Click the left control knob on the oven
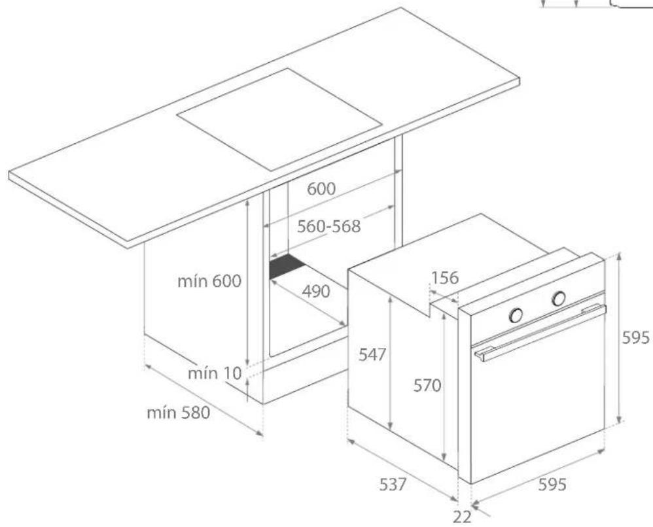click(x=516, y=315)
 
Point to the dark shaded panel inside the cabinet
click(x=287, y=267)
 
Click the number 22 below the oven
click(x=462, y=516)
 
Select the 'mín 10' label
click(x=215, y=373)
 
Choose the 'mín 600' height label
click(x=209, y=281)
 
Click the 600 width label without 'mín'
click(x=322, y=189)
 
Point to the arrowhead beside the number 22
click(x=476, y=505)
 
